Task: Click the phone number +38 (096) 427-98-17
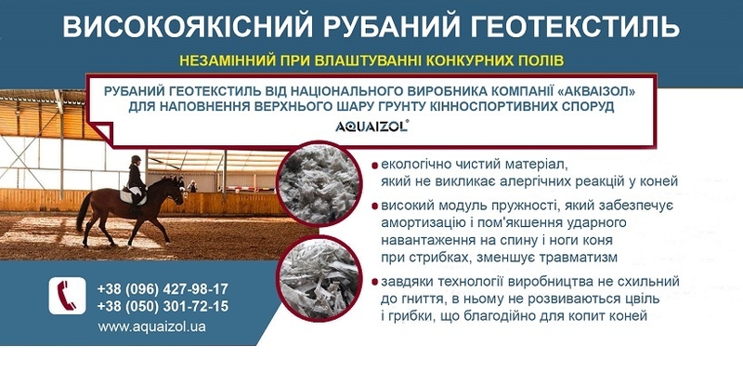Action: [163, 288]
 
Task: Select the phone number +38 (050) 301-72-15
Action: [163, 306]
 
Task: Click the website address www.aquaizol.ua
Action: [151, 326]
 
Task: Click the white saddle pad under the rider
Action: [131, 196]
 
